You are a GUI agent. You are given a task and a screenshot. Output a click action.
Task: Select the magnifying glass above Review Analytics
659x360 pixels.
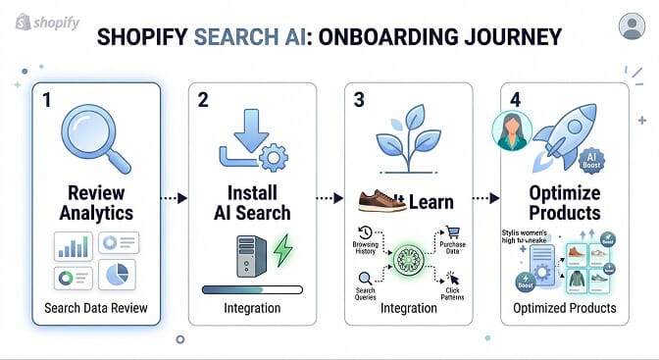coord(77,135)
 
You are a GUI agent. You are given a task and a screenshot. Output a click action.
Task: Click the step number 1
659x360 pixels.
coord(46,99)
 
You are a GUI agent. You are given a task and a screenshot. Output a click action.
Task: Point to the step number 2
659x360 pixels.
coord(203,99)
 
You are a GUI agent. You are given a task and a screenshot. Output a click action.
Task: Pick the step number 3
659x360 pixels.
coord(360,99)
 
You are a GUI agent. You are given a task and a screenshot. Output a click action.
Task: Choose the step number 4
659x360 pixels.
coord(516,99)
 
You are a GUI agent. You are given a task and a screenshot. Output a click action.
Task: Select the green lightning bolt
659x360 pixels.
coord(282,250)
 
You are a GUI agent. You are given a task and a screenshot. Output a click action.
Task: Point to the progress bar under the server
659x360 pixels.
coord(252,289)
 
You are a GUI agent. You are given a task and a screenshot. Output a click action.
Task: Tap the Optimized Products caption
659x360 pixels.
coord(566,308)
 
